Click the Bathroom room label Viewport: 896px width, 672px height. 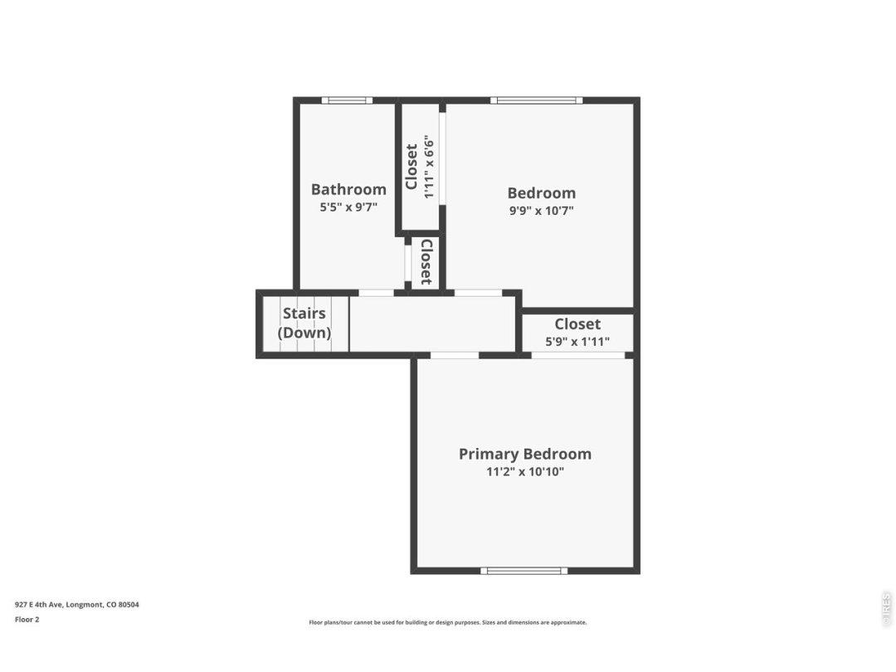pos(348,189)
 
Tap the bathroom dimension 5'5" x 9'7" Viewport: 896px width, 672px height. pos(348,207)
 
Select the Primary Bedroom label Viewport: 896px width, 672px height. pos(525,455)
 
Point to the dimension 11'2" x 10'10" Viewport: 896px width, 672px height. pos(525,472)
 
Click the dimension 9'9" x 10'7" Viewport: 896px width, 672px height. pos(541,210)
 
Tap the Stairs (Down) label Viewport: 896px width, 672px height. pos(304,323)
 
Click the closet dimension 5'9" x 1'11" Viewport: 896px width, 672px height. pos(577,342)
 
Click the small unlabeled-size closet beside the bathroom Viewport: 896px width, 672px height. pos(426,262)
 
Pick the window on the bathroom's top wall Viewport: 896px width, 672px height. pos(347,100)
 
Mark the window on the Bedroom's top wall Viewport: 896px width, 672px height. pos(537,100)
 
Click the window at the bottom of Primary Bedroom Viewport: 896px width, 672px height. pos(524,570)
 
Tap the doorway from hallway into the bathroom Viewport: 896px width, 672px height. pos(376,293)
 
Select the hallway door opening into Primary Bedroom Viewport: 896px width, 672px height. pos(455,355)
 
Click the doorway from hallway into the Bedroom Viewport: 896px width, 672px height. pos(479,293)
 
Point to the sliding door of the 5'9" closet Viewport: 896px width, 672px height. pos(578,355)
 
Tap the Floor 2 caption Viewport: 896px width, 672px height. pos(27,620)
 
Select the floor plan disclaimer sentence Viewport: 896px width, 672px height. pos(447,622)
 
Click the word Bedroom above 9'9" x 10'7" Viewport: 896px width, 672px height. pos(541,193)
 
